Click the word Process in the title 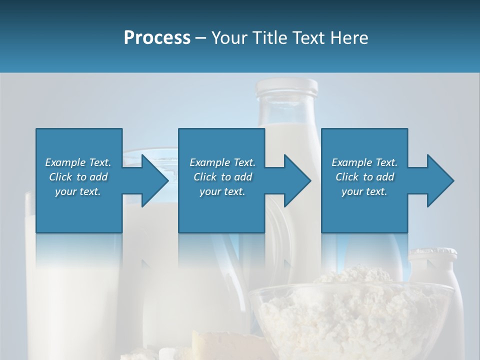(x=157, y=37)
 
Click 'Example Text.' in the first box (x=78, y=162)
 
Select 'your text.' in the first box (x=78, y=191)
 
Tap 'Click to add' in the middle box (x=222, y=177)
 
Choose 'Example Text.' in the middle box (x=222, y=162)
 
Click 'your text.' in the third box (x=364, y=191)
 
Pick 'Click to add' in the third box (x=364, y=177)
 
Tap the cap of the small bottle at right (x=433, y=254)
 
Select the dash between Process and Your (x=201, y=38)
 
